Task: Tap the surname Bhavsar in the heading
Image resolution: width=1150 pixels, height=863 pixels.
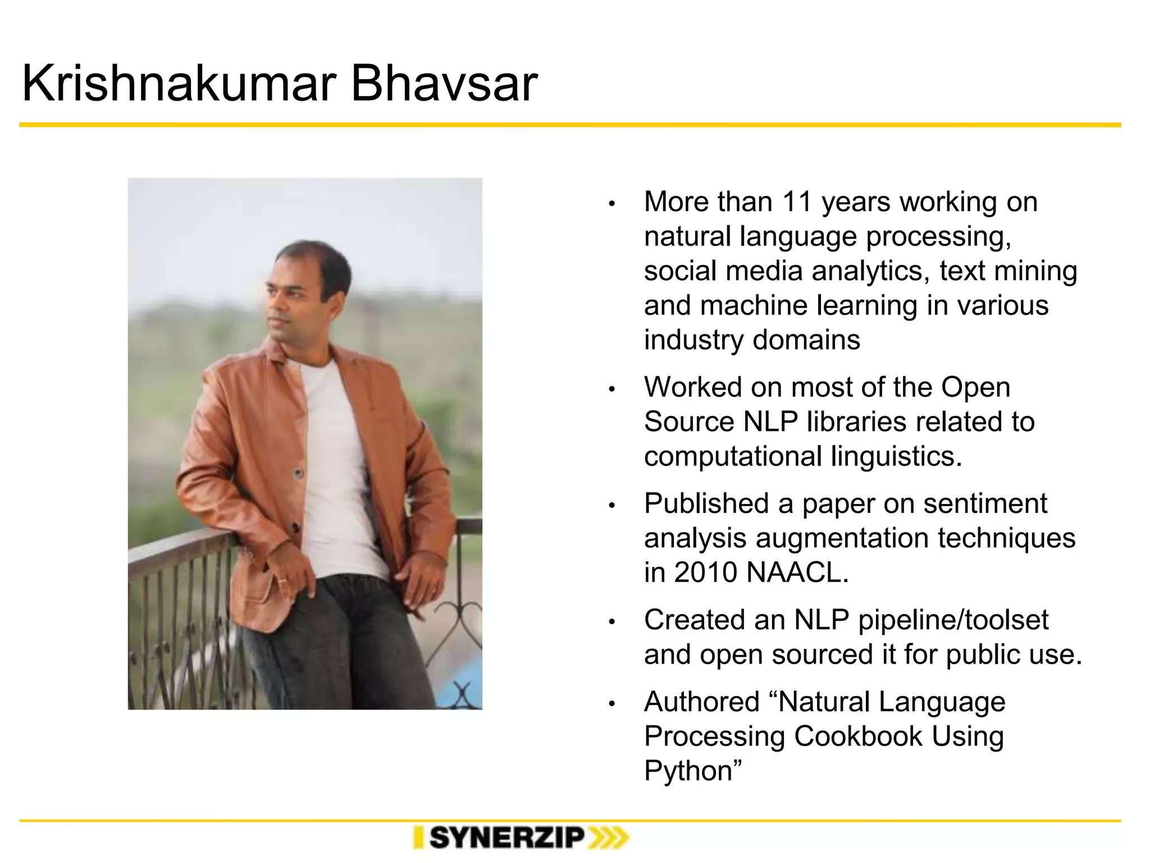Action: tap(444, 84)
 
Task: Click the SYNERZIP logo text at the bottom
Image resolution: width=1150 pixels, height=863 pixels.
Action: tap(507, 838)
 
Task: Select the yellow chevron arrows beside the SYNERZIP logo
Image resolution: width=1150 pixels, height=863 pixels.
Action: tap(608, 838)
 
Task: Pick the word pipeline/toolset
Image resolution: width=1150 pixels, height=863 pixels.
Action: tap(953, 620)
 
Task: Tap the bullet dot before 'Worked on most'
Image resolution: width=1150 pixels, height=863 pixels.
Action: tap(613, 389)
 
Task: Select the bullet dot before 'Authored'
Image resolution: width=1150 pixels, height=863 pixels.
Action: tap(613, 704)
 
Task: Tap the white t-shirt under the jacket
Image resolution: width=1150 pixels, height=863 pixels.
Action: tap(337, 461)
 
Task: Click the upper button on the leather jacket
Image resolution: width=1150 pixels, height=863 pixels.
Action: tap(299, 473)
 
